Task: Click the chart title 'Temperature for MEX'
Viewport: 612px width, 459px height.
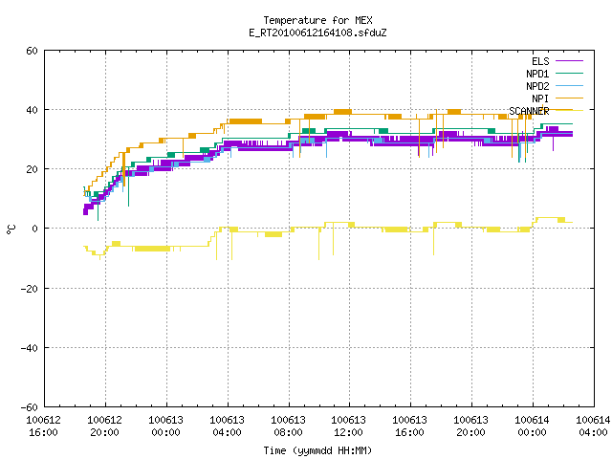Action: pos(317,20)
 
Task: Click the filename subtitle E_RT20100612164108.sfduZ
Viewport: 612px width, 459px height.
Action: pos(317,33)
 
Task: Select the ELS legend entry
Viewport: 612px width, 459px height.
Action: pos(557,61)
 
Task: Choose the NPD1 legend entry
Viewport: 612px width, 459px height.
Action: pos(555,74)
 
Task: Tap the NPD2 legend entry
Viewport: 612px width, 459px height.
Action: pos(555,86)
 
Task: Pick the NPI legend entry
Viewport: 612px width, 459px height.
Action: pos(557,98)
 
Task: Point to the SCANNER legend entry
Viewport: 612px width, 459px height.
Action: pos(546,111)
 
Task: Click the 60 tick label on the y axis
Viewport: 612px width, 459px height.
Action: pos(32,51)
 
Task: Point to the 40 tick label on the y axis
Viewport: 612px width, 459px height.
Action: pos(32,110)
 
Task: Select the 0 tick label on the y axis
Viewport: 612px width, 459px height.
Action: pos(35,229)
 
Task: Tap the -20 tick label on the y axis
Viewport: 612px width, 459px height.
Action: pos(30,289)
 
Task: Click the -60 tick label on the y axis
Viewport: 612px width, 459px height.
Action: pos(30,407)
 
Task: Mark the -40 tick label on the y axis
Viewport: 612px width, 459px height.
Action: pos(30,348)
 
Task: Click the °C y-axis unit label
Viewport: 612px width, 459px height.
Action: pos(11,229)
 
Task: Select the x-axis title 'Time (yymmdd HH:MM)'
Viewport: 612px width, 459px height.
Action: pos(317,450)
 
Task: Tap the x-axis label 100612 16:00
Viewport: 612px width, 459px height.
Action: pos(44,426)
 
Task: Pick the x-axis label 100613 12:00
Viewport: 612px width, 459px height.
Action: pos(348,426)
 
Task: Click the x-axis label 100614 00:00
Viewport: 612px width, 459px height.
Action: pos(532,426)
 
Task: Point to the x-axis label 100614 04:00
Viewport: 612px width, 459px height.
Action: pos(593,426)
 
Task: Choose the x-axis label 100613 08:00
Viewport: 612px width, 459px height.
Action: pos(289,426)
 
